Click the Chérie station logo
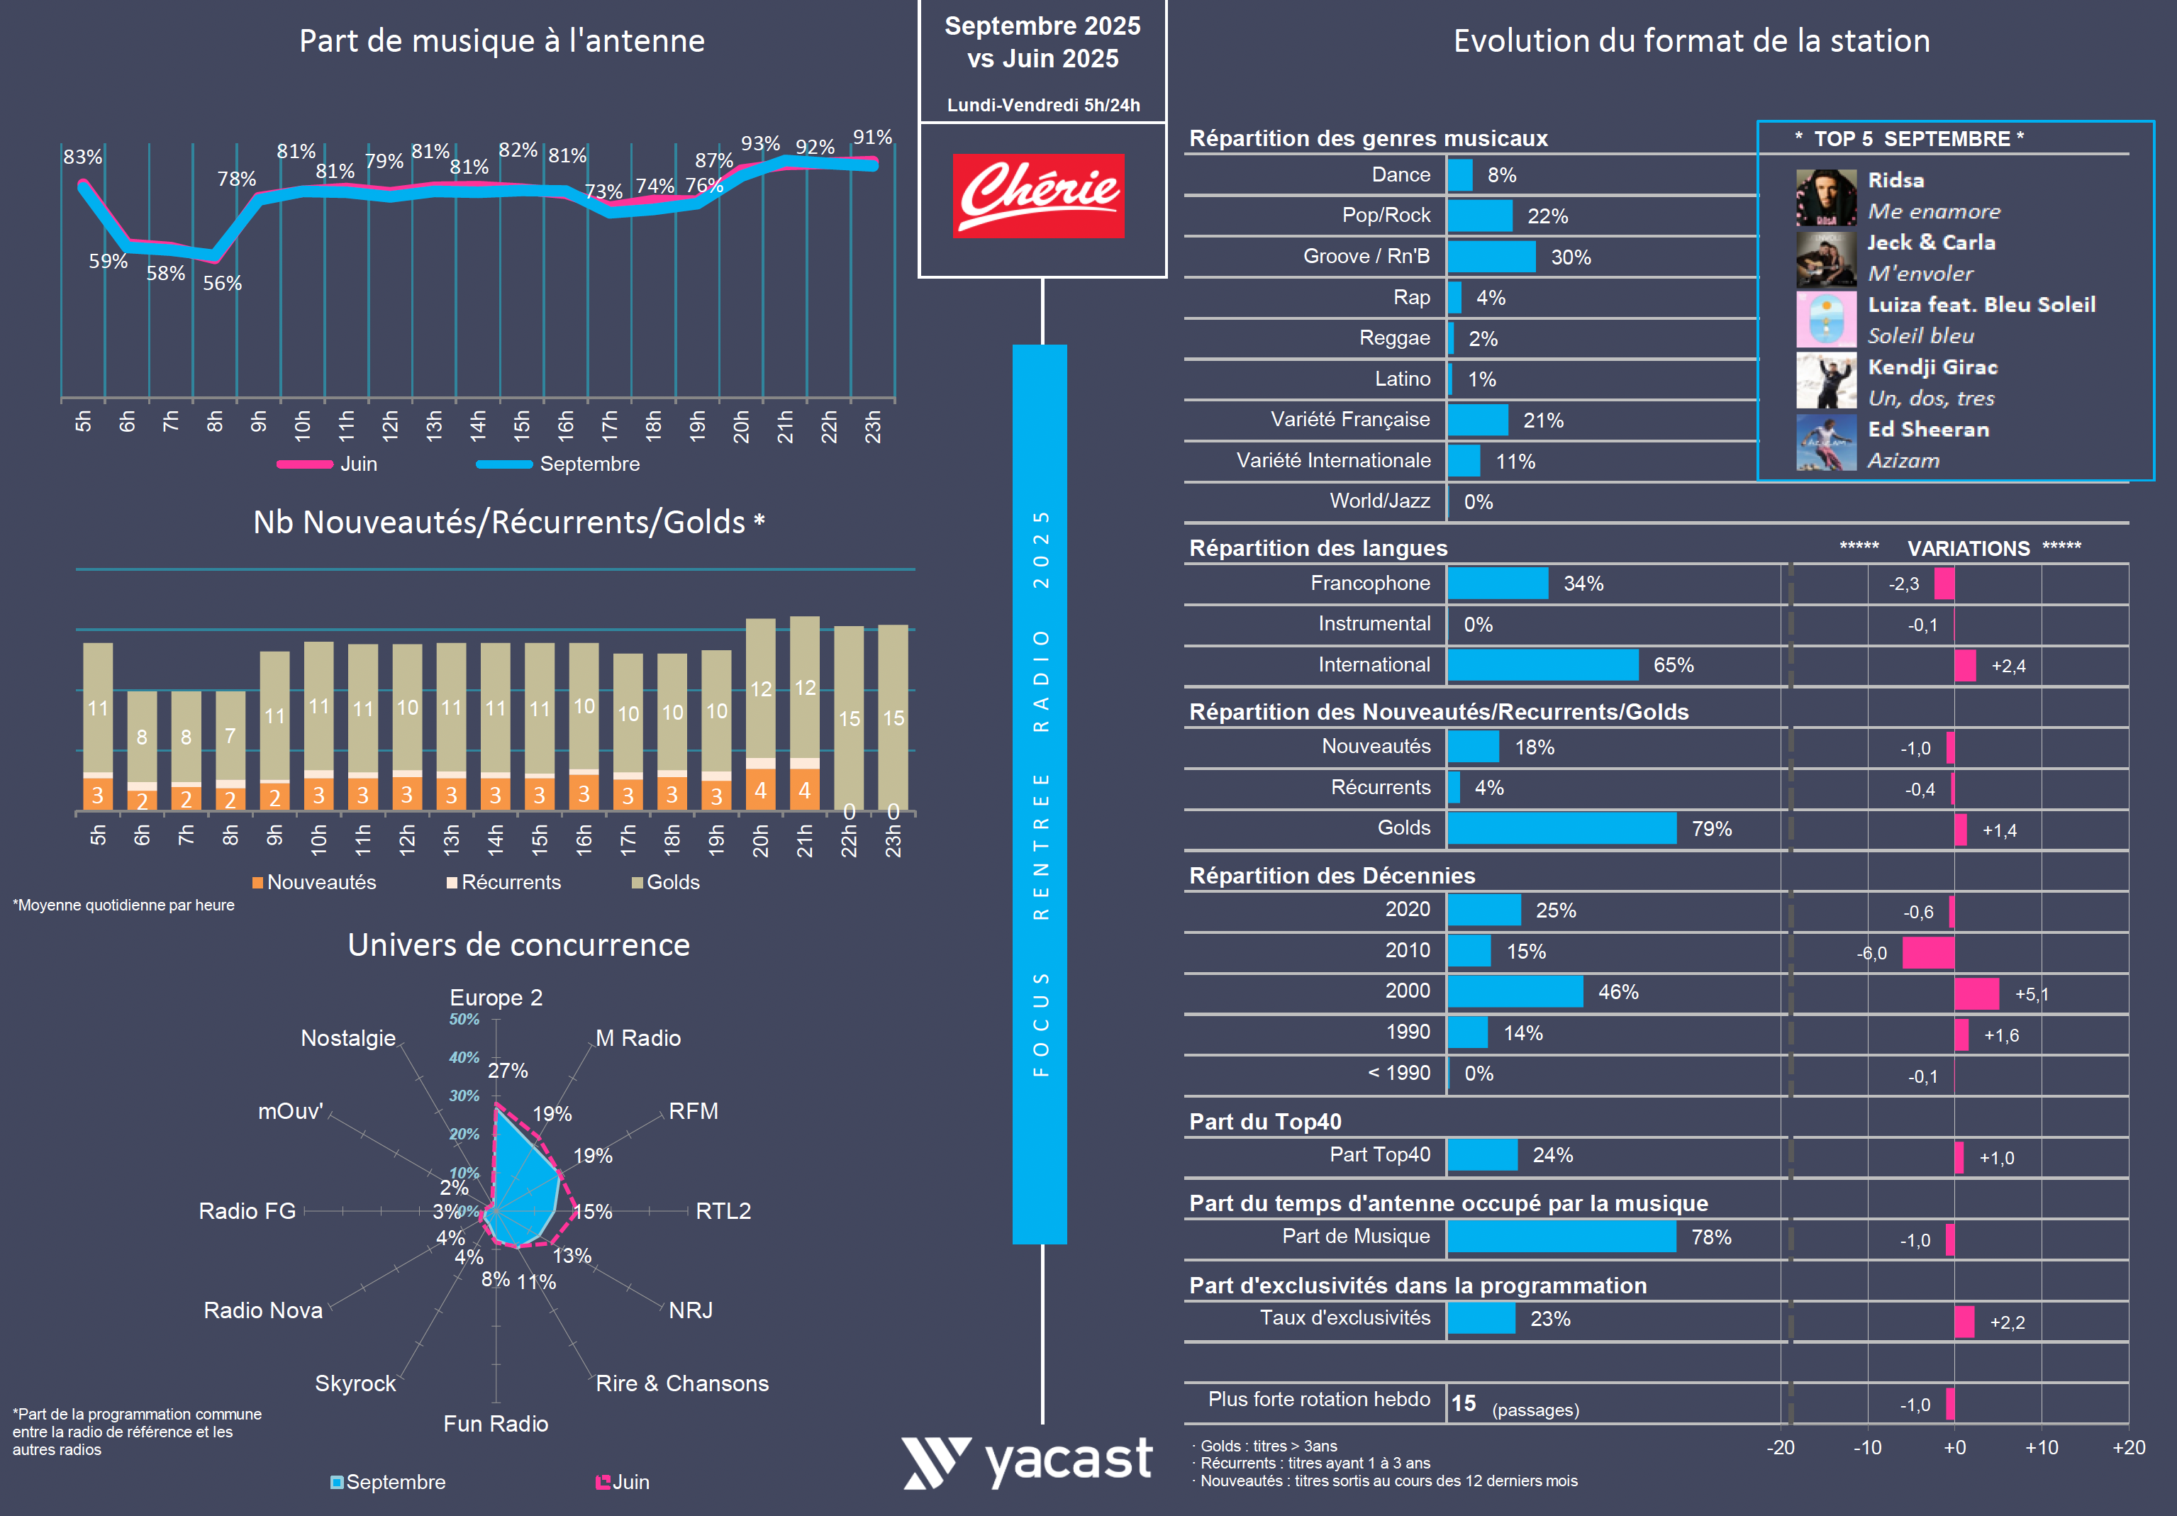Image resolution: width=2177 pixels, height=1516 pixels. [1038, 195]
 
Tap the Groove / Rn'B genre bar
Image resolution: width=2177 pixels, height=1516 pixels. [1491, 257]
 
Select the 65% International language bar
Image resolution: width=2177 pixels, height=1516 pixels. [1542, 664]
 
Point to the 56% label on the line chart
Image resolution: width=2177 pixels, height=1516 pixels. [222, 284]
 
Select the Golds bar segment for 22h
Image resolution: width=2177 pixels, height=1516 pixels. [849, 717]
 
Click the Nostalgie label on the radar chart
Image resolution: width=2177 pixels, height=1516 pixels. [348, 1038]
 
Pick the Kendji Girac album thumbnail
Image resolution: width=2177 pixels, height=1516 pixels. [1825, 380]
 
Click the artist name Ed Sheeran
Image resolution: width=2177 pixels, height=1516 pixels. [1927, 430]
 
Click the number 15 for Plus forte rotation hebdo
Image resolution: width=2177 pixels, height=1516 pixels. [1463, 1404]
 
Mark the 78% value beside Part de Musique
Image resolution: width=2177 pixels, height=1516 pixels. [1710, 1237]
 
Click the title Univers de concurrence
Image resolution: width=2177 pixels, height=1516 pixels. [518, 945]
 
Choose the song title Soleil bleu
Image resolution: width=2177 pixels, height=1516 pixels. [1920, 335]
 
